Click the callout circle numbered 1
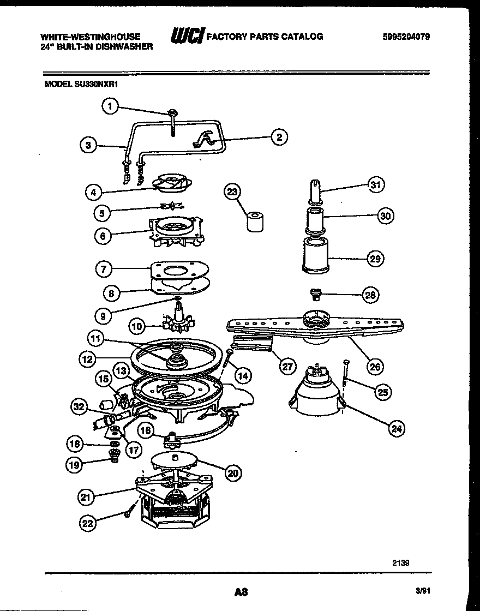110,106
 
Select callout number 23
233,191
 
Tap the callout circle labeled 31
375,185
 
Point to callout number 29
375,258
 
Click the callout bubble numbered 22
88,523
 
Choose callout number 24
397,429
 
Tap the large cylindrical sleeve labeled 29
316,255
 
